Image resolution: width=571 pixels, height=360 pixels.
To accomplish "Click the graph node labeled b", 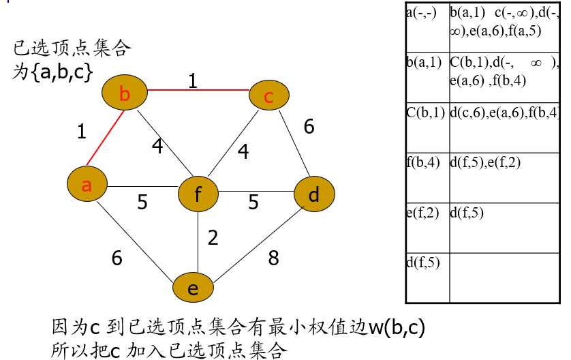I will pos(125,93).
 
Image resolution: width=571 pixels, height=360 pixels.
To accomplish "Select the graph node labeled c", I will pos(268,96).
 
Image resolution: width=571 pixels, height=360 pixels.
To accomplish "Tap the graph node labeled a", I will pos(87,184).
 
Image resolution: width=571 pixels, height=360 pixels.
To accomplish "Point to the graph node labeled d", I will pos(313,195).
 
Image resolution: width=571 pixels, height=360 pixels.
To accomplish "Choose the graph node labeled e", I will pos(193,288).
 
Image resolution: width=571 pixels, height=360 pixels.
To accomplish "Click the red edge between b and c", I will pos(198,89).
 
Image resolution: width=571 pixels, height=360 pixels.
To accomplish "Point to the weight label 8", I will pos(273,258).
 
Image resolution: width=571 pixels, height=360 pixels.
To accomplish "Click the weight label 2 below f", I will pos(213,238).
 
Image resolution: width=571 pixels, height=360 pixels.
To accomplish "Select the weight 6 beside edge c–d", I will pos(309,127).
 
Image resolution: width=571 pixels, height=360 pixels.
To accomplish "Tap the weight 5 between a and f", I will pos(142,202).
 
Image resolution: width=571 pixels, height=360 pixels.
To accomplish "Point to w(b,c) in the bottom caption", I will pos(397,327).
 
